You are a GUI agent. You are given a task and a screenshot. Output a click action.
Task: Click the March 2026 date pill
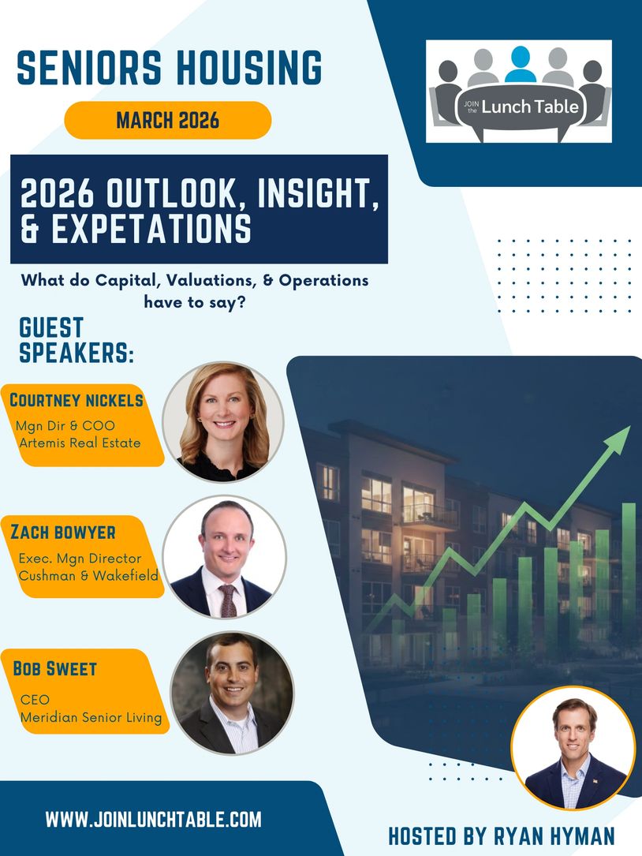pyautogui.click(x=167, y=120)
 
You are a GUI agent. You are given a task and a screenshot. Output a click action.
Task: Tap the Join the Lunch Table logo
pyautogui.click(x=519, y=92)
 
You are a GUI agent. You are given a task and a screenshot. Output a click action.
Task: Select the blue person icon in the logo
pyautogui.click(x=521, y=65)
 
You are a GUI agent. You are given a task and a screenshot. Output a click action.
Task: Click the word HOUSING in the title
pyautogui.click(x=249, y=68)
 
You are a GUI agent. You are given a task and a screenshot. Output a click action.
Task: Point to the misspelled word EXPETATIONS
pyautogui.click(x=151, y=228)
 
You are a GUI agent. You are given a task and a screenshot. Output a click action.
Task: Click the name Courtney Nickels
pyautogui.click(x=77, y=400)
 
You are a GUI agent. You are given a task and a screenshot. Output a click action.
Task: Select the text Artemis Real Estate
pyautogui.click(x=80, y=443)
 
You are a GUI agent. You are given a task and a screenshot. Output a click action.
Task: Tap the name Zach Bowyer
pyautogui.click(x=63, y=532)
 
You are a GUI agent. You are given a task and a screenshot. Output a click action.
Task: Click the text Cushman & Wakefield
pyautogui.click(x=88, y=575)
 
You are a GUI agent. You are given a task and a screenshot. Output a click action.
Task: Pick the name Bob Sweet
pyautogui.click(x=54, y=668)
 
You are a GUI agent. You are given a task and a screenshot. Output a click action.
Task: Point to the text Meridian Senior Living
pyautogui.click(x=91, y=717)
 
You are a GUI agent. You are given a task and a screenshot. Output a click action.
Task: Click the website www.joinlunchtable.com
pyautogui.click(x=154, y=820)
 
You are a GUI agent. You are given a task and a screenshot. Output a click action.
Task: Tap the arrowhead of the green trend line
pyautogui.click(x=618, y=439)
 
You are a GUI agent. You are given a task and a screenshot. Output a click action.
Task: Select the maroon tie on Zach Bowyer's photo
pyautogui.click(x=228, y=600)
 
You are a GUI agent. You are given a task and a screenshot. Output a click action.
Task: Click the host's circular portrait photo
pyautogui.click(x=573, y=749)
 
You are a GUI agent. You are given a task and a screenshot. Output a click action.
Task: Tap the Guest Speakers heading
pyautogui.click(x=77, y=340)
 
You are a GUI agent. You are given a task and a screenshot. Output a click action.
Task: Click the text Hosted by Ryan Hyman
pyautogui.click(x=501, y=836)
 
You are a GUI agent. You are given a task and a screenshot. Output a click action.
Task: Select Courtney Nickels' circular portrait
pyautogui.click(x=223, y=422)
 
